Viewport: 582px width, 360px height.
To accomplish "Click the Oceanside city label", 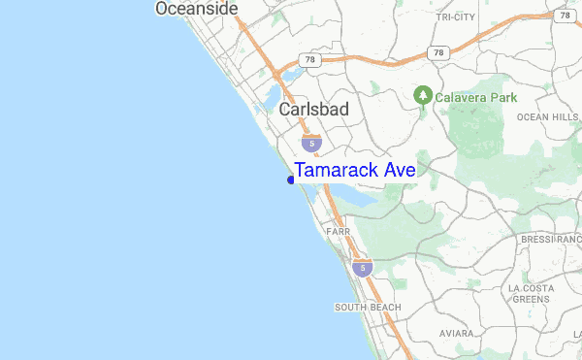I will coord(196,9).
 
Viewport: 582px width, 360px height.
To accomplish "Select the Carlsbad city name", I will coord(313,110).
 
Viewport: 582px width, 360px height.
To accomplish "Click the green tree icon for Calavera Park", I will coord(422,96).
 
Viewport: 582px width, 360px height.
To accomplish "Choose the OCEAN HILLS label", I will coord(546,117).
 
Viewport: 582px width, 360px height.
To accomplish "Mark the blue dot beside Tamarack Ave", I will coord(291,180).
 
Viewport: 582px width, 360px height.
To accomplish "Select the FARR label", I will coord(338,232).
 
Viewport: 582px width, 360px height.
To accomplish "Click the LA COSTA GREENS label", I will coord(531,294).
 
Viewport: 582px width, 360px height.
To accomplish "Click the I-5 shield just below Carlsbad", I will coord(309,144).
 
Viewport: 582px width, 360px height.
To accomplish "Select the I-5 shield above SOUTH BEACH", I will coord(362,266).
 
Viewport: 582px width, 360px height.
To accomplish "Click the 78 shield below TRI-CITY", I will coord(439,51).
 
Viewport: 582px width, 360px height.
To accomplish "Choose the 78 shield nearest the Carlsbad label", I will coord(309,60).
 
